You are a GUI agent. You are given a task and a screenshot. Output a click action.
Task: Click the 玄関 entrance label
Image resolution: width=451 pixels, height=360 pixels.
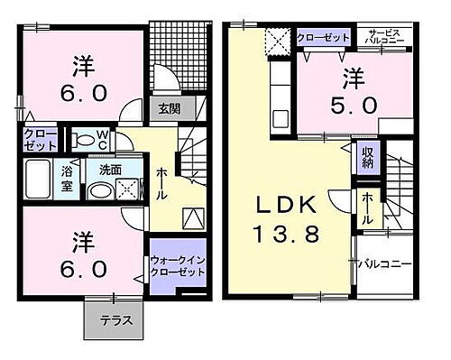169,109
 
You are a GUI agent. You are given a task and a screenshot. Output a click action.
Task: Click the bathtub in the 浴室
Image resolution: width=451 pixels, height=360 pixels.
39,177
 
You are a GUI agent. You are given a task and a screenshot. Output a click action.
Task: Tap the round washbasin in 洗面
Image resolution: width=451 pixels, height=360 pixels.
98,190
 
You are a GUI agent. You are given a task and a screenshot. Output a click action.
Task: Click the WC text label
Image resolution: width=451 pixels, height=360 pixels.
103,140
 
